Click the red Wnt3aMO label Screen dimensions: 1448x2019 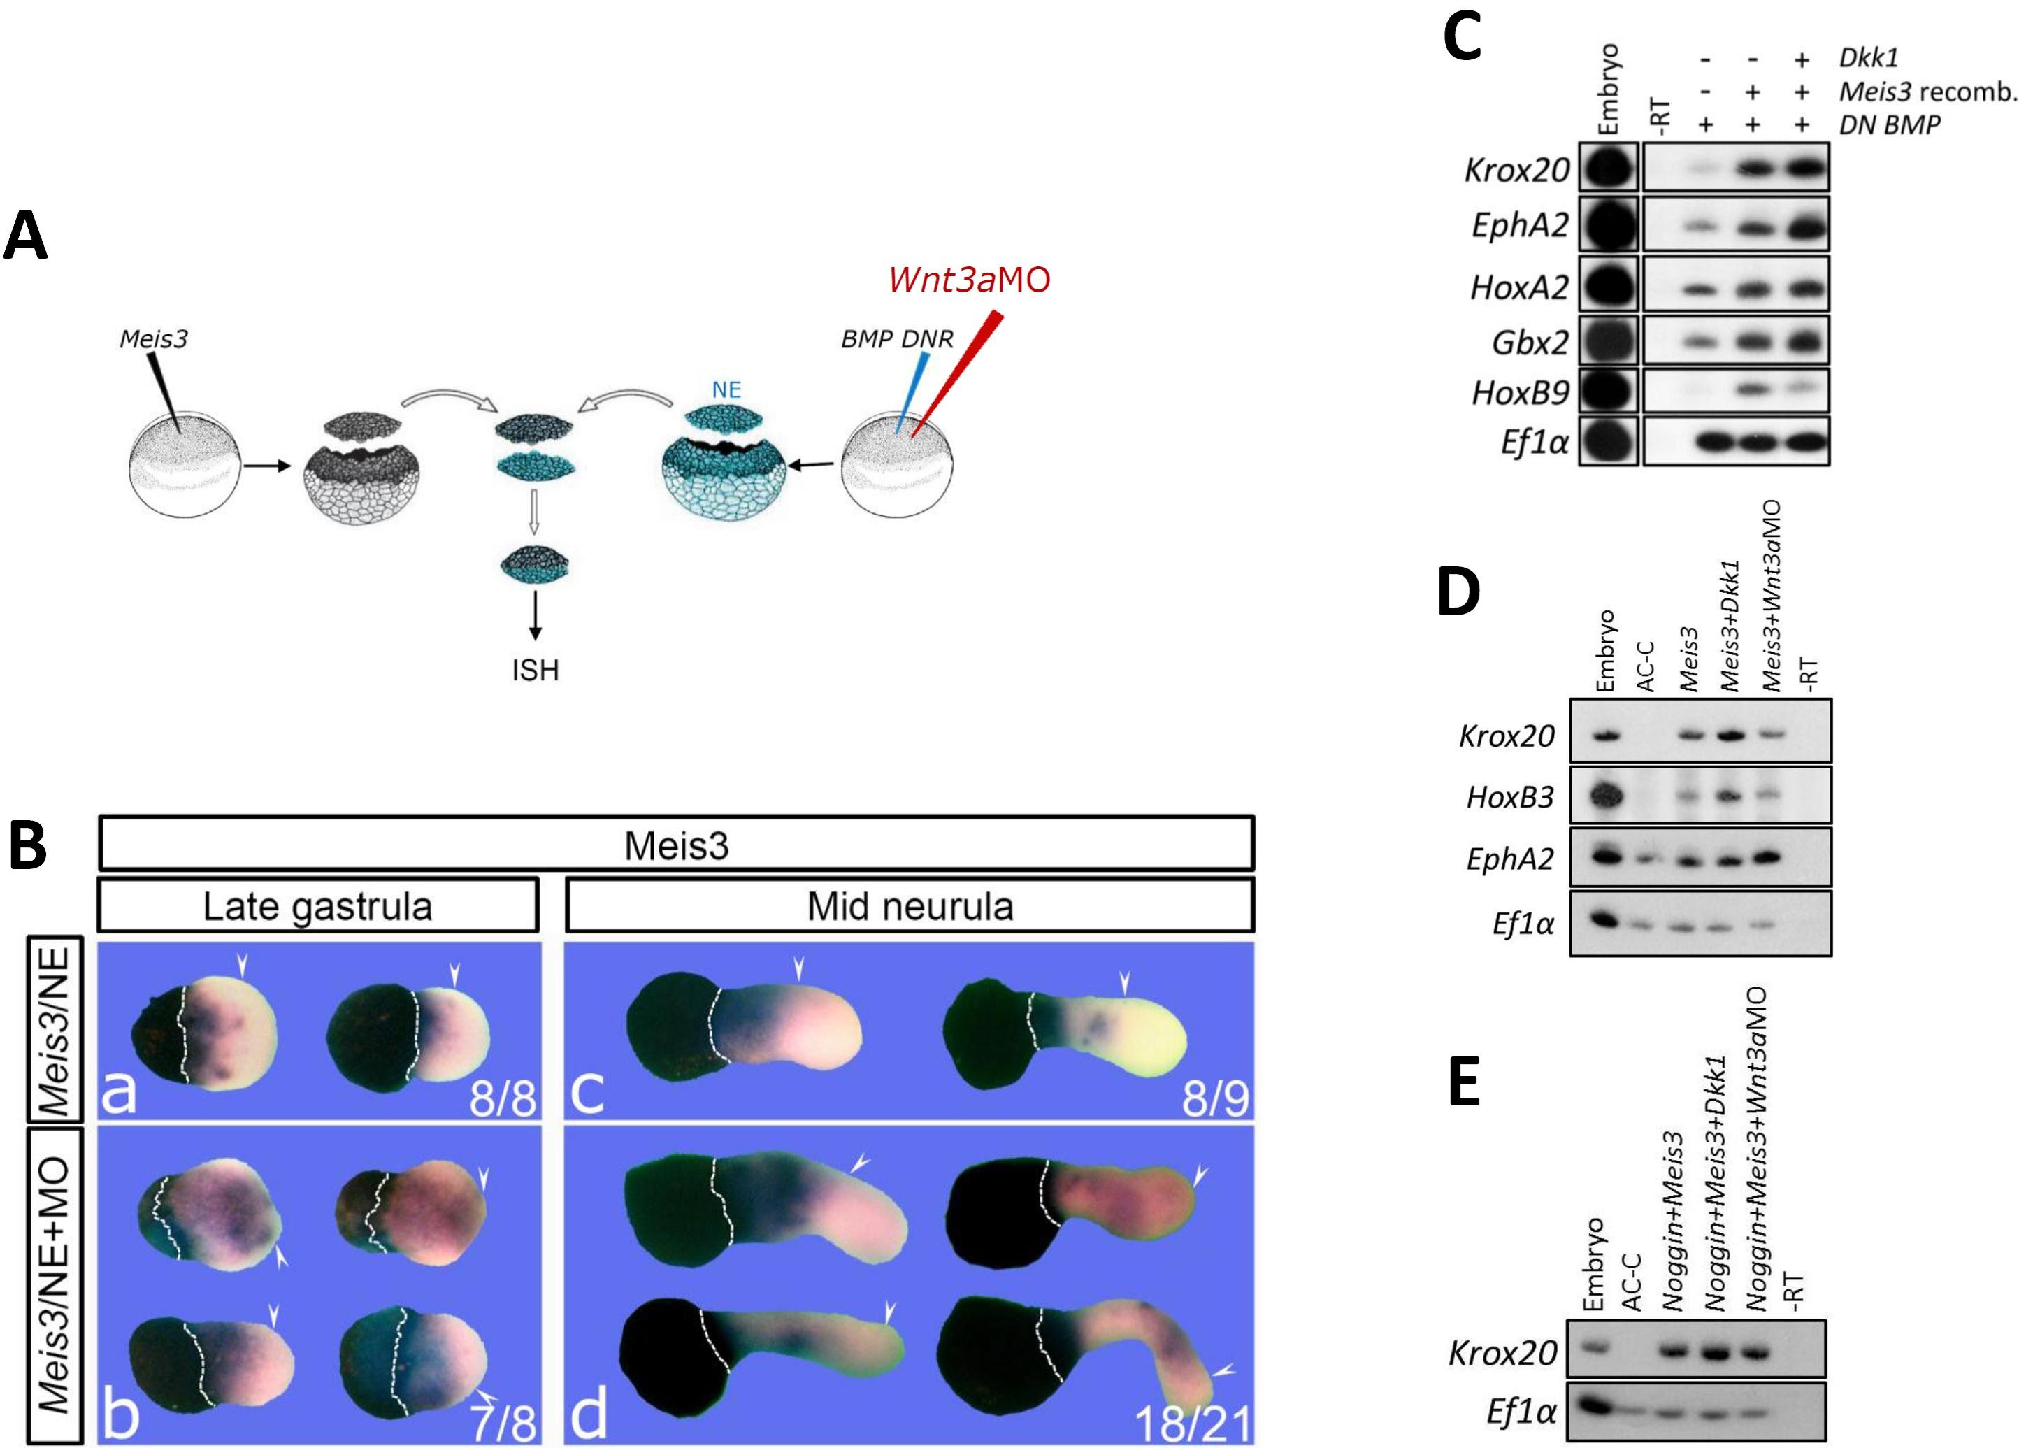pyautogui.click(x=968, y=280)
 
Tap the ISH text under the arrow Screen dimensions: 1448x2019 pyautogui.click(x=535, y=670)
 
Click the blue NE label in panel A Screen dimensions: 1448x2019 pyautogui.click(x=726, y=389)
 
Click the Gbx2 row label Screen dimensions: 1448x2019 pyautogui.click(x=1530, y=342)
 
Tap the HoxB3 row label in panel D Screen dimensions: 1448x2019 pyautogui.click(x=1510, y=797)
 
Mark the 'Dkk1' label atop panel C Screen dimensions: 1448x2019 pyautogui.click(x=1869, y=58)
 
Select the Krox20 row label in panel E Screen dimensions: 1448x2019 pyautogui.click(x=1502, y=1354)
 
